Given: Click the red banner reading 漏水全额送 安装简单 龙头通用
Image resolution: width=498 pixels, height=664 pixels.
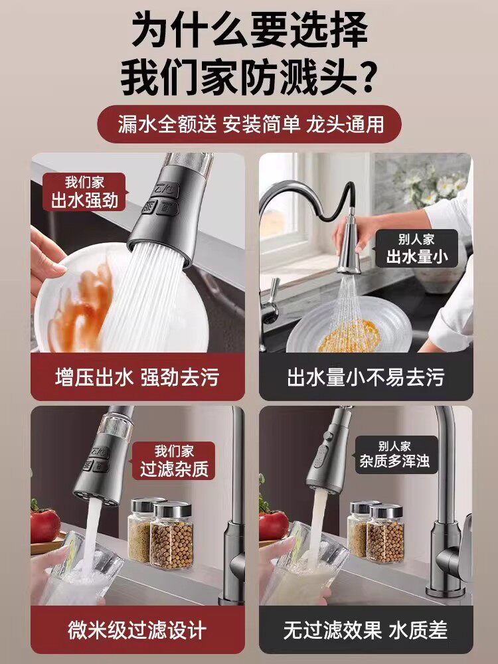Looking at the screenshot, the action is (x=249, y=124).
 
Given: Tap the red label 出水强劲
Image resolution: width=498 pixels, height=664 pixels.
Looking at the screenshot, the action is (x=84, y=192).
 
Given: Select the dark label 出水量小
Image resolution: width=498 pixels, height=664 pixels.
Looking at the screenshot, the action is (x=417, y=248).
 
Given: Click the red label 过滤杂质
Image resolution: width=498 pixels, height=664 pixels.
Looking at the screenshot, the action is (x=173, y=461).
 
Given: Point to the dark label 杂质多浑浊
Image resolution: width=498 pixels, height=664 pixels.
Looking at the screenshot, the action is (x=394, y=454).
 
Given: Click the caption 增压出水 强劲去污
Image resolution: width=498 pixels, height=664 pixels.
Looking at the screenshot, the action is (x=137, y=377).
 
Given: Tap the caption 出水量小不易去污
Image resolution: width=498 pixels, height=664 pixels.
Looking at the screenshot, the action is (x=366, y=377).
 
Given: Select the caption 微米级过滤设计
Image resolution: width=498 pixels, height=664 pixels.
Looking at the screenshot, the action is (x=137, y=630).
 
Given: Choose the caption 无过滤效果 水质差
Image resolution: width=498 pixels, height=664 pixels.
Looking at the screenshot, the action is (x=366, y=630).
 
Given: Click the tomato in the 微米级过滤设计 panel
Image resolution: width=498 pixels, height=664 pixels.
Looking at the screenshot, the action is (x=44, y=525).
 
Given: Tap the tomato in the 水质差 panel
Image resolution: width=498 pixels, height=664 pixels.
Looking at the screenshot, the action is (x=273, y=525).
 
